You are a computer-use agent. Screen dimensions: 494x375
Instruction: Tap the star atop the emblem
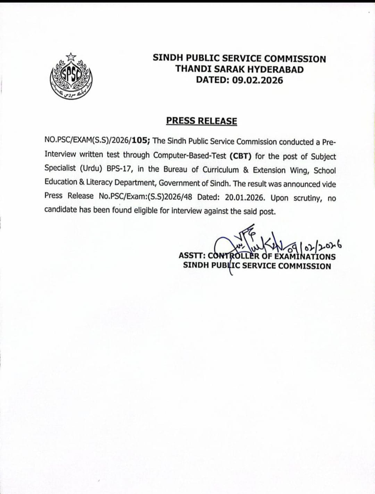pyautogui.click(x=71, y=56)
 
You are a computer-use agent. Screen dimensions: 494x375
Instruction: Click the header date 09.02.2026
pyautogui.click(x=257, y=80)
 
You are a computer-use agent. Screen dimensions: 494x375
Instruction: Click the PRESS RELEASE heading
pyautogui.click(x=201, y=121)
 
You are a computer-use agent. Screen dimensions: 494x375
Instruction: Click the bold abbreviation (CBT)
pyautogui.click(x=240, y=156)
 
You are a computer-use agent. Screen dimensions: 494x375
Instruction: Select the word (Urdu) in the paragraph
pyautogui.click(x=91, y=168)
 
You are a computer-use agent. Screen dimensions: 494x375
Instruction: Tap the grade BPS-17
pyautogui.click(x=120, y=168)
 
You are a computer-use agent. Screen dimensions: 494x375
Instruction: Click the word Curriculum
pyautogui.click(x=220, y=170)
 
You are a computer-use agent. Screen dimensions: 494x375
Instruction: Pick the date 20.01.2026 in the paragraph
pyautogui.click(x=244, y=197)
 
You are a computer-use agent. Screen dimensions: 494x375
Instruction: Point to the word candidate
pyautogui.click(x=60, y=209)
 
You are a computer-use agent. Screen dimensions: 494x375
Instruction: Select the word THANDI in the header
pyautogui.click(x=193, y=69)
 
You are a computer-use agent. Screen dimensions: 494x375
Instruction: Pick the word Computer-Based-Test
pyautogui.click(x=190, y=155)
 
